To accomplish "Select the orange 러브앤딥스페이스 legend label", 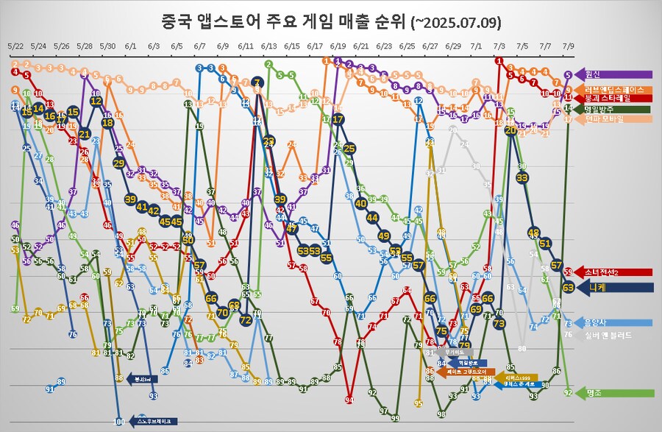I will click(614, 89).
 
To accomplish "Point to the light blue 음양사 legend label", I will click(599, 322).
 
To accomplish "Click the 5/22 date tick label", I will click(15, 46).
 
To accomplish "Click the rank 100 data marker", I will click(119, 422).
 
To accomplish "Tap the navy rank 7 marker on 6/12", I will click(257, 82).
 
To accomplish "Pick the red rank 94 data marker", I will click(349, 400).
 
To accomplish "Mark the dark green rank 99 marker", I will click(395, 418).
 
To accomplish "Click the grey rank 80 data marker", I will click(522, 347).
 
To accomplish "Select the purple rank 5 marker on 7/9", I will click(568, 75).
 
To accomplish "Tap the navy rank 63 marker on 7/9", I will click(568, 288).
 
